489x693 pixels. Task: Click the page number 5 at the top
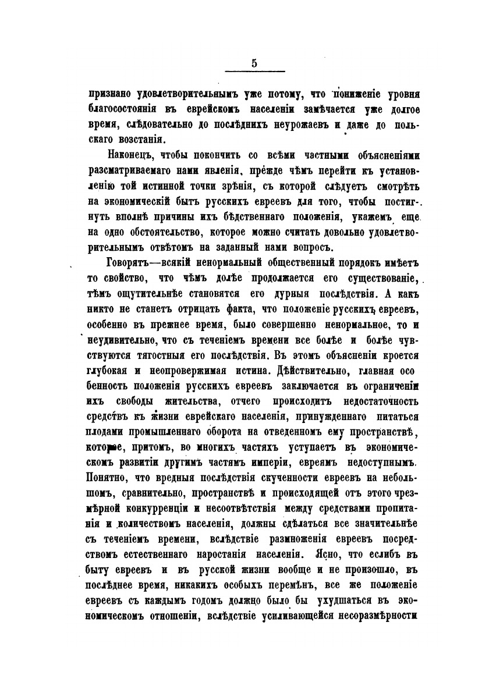(254, 64)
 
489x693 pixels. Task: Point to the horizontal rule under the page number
(254, 72)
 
